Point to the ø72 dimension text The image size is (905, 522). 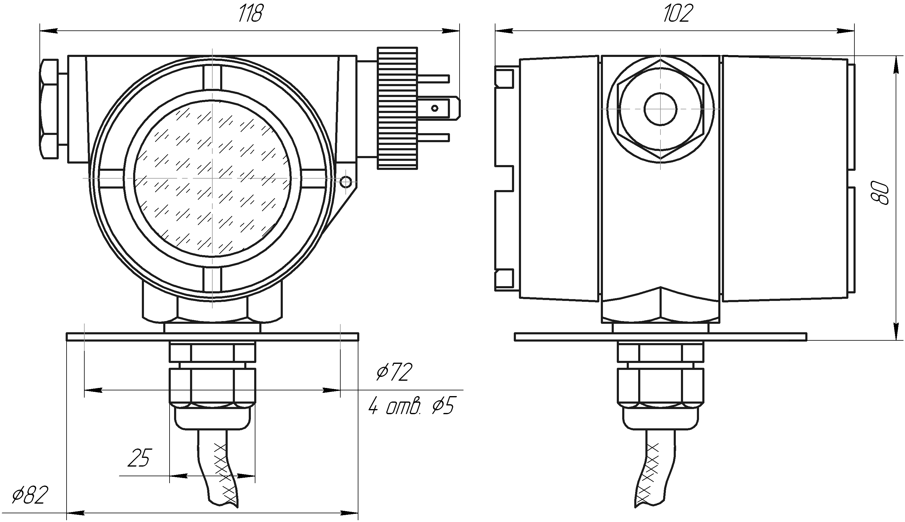click(394, 372)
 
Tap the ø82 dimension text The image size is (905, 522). click(30, 495)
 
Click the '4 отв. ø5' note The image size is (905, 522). click(411, 406)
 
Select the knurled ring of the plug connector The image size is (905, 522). click(397, 108)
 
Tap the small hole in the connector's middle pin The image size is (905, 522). click(435, 108)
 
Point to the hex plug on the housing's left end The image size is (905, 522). click(49, 109)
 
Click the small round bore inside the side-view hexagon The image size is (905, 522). click(660, 109)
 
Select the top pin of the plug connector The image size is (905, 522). click(433, 79)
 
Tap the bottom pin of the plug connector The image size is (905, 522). click(433, 137)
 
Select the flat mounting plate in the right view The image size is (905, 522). click(660, 337)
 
